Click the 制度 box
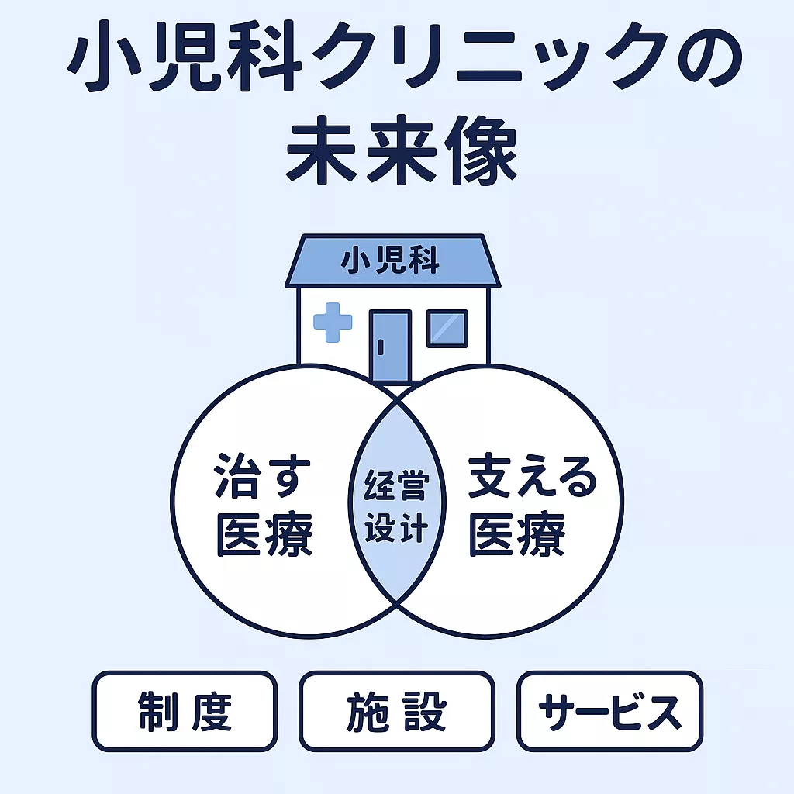point(185,711)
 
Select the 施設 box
point(396,711)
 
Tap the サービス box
point(609,711)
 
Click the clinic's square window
point(447,328)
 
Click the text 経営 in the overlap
point(395,489)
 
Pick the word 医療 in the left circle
point(264,536)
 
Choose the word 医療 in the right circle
point(516,536)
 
